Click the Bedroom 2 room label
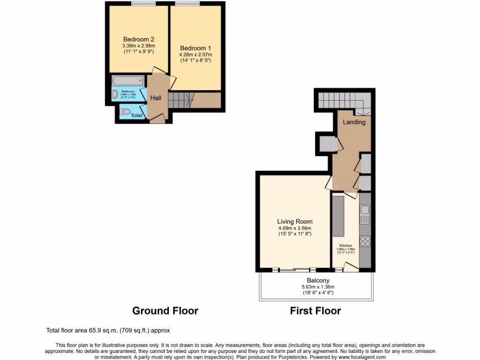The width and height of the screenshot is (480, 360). coord(139,39)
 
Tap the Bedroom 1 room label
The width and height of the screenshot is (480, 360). coord(195,48)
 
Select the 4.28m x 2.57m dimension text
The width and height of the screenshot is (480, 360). coord(195,55)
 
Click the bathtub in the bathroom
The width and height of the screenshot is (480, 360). coord(129,81)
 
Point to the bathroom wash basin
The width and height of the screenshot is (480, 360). coord(115,94)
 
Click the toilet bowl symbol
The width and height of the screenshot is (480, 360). coord(125,112)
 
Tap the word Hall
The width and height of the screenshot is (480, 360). coord(156,98)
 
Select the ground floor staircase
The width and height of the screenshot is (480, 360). coord(180,99)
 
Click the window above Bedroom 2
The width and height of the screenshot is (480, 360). coord(143,4)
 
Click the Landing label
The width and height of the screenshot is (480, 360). coord(354,122)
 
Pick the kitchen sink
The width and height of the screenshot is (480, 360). coord(365,215)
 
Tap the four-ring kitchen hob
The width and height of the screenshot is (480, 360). coord(365,241)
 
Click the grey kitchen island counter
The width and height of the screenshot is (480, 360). coord(338,217)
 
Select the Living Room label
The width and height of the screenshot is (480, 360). coord(294,222)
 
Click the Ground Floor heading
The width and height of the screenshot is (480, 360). coord(165,311)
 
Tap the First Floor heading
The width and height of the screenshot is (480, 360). coord(315,311)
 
